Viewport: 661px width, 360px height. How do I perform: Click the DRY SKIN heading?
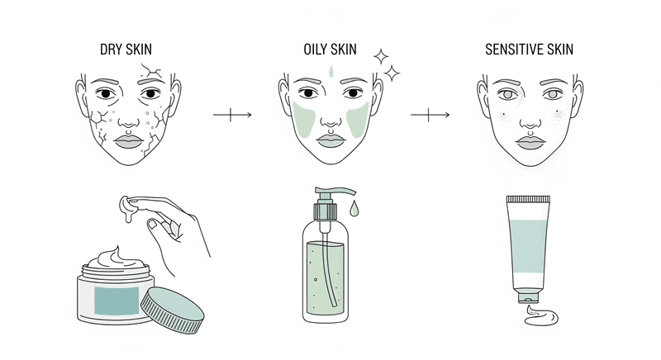(126, 50)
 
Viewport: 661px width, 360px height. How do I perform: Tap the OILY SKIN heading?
(330, 50)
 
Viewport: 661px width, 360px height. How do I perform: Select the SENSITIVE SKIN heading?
(529, 50)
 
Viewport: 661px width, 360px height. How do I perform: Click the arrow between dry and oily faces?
(232, 115)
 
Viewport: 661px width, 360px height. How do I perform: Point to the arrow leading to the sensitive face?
(430, 115)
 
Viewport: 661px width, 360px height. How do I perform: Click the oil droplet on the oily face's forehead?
(331, 71)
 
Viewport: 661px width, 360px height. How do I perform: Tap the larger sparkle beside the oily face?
(392, 73)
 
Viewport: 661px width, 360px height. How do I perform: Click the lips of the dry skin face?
(129, 141)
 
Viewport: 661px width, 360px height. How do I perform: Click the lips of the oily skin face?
(331, 140)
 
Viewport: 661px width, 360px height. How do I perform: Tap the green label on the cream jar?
(117, 301)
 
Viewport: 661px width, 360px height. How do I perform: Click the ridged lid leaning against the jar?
(172, 310)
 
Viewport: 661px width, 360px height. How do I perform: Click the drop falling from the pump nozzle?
(354, 208)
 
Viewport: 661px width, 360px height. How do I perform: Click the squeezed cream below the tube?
(541, 316)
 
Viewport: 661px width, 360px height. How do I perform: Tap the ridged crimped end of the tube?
(528, 199)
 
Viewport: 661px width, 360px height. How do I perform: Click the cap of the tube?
(528, 299)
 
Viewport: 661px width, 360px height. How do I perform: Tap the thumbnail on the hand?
(152, 224)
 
